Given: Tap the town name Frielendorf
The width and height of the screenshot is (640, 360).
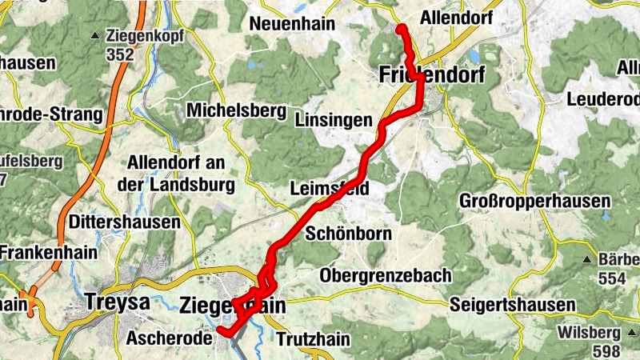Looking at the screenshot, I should tap(430, 75).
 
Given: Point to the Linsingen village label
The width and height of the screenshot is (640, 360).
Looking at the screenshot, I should tap(334, 121).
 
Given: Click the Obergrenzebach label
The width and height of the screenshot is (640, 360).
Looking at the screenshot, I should tap(385, 276).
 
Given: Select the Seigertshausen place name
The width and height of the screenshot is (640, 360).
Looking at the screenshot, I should tap(512, 305).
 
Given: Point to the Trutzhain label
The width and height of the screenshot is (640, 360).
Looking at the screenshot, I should tap(313, 339).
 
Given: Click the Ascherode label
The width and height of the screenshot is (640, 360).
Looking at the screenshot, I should tap(169, 338).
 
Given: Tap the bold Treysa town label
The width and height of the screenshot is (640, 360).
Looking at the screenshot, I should tap(118, 303).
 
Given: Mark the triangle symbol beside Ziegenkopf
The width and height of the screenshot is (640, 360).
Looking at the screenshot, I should tap(97, 35).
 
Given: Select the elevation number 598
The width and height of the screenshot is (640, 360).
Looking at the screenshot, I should tap(610, 351).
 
